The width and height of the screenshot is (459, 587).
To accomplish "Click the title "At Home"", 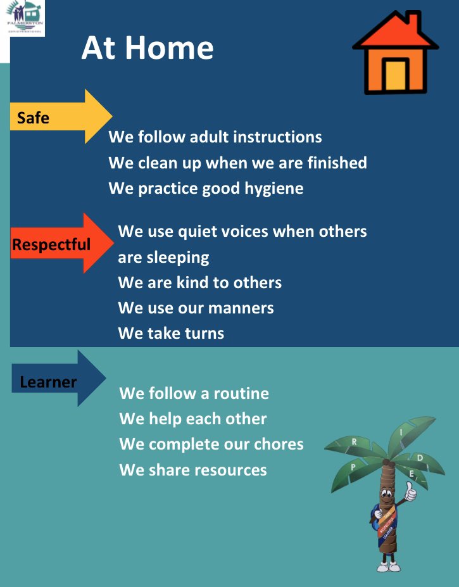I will coord(147,48).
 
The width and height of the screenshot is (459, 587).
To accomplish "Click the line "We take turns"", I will coord(171,334).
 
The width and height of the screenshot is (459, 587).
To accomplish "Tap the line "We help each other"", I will coord(193,419).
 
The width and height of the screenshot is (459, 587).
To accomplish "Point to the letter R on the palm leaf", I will coord(354,441).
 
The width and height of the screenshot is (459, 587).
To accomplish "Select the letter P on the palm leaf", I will coord(353,467).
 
